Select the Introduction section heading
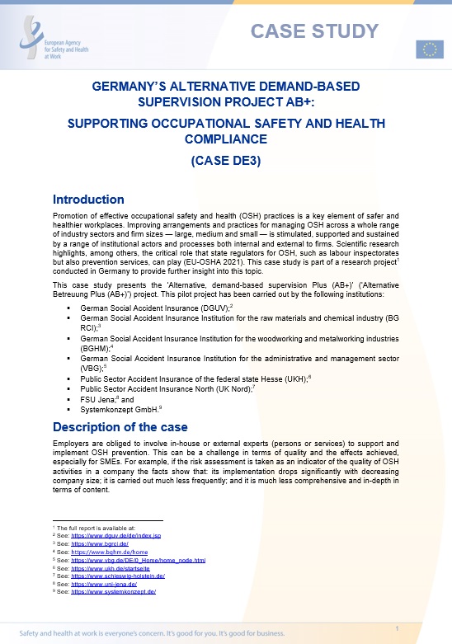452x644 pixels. coord(88,200)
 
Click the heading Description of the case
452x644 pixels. coord(120,426)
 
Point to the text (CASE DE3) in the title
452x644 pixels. coord(225,161)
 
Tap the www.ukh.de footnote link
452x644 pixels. coord(110,568)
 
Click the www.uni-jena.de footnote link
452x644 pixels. coord(101,584)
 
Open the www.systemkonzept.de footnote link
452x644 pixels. coord(113,591)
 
